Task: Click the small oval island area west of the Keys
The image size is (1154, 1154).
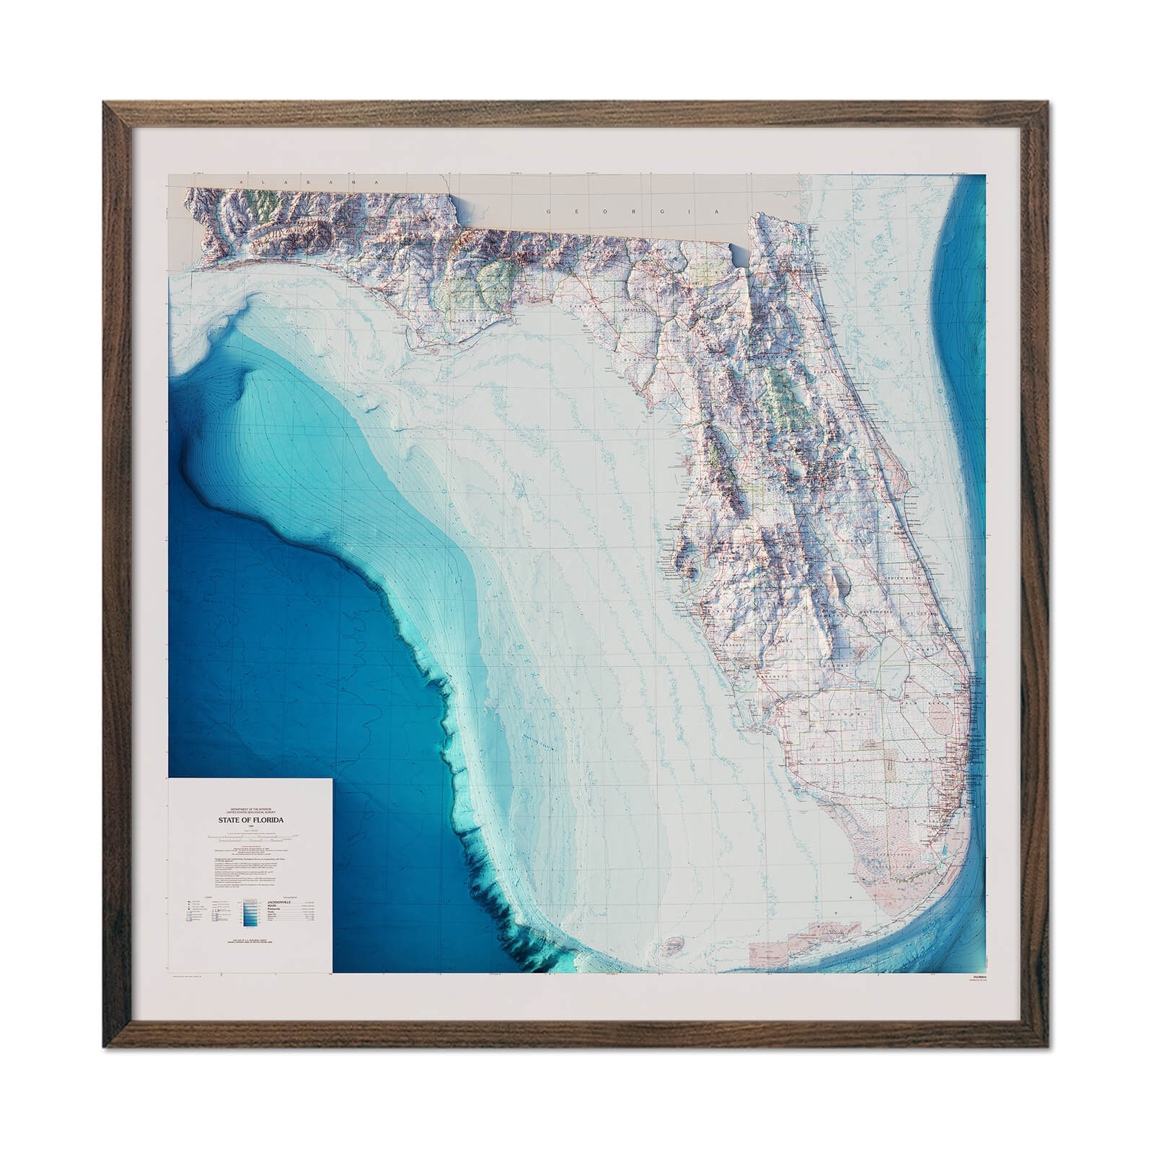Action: click(x=674, y=943)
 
